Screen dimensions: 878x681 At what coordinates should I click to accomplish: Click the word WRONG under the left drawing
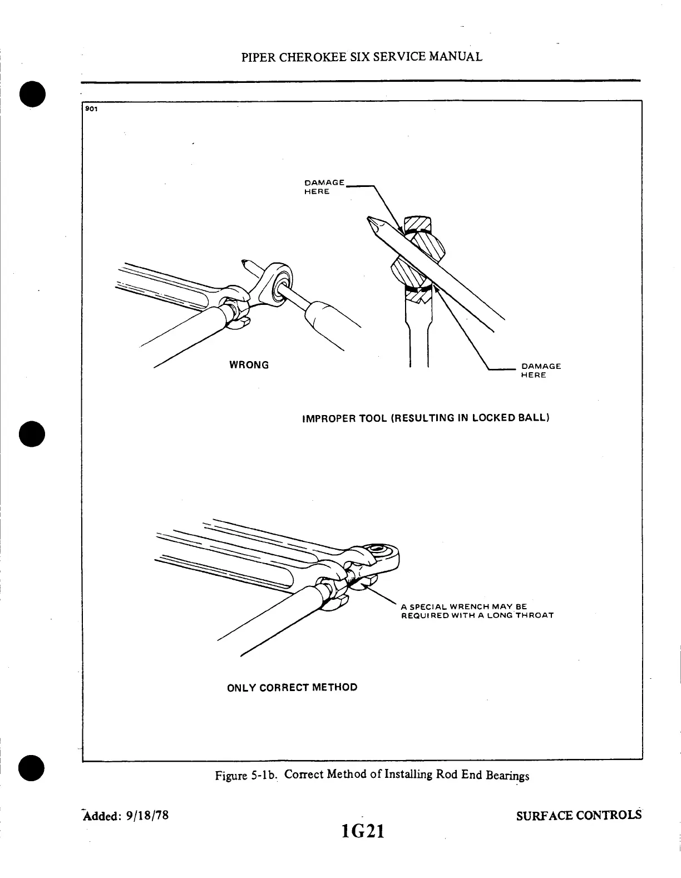pyautogui.click(x=249, y=365)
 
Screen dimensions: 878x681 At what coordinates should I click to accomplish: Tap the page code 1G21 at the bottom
pyautogui.click(x=363, y=831)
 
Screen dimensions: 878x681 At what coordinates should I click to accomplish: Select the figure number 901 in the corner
pyautogui.click(x=91, y=108)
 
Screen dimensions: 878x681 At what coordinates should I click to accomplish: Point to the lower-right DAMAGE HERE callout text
pyautogui.click(x=540, y=371)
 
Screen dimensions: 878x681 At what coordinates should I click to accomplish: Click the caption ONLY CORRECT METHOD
pyautogui.click(x=292, y=687)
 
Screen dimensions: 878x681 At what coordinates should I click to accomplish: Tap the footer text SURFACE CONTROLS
pyautogui.click(x=579, y=816)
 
